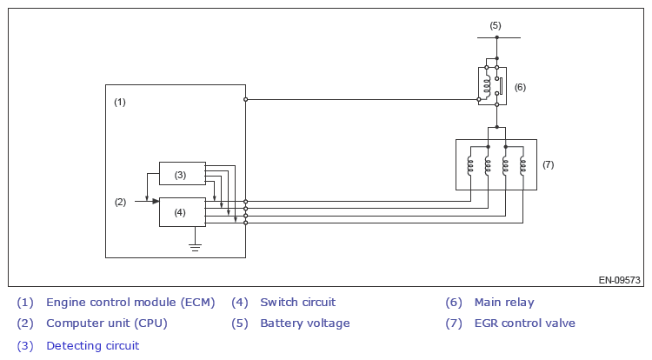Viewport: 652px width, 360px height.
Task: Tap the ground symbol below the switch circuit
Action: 196,247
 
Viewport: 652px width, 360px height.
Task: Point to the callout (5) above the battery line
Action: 496,25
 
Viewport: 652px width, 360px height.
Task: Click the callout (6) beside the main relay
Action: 520,87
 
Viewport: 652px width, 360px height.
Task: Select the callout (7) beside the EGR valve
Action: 548,163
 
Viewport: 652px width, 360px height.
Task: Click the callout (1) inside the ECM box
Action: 120,102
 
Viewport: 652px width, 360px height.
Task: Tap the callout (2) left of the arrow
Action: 120,202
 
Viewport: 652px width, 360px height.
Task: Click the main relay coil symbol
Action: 484,84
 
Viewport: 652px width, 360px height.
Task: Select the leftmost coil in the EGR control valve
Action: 470,165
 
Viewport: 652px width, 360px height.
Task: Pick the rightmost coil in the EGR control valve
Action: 522,165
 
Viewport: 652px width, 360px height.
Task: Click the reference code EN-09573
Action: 619,280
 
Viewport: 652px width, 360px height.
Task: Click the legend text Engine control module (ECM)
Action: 130,303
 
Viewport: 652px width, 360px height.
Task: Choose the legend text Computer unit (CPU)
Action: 106,323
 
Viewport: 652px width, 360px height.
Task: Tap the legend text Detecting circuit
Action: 92,345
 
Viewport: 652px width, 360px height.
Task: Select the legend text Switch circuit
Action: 297,303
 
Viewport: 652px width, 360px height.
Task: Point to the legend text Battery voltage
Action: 304,323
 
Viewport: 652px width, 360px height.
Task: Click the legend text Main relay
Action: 504,303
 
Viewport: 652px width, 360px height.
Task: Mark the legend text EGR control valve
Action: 524,323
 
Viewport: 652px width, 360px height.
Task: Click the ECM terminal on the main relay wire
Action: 245,99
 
